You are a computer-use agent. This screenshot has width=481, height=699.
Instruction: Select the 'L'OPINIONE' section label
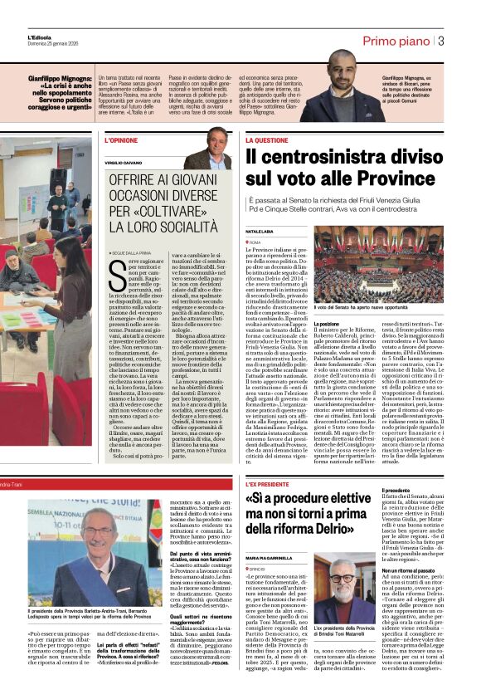tap(120, 140)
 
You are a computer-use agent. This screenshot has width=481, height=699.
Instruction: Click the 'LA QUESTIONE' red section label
tap(266, 140)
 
